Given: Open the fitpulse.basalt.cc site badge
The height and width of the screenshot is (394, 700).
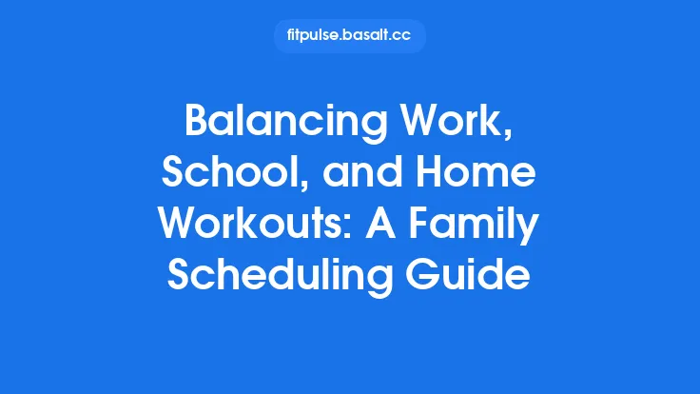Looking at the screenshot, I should point(350,36).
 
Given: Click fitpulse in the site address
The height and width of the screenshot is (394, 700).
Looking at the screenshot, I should point(310,36).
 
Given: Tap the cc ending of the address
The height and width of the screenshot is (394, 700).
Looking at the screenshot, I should point(402,36).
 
